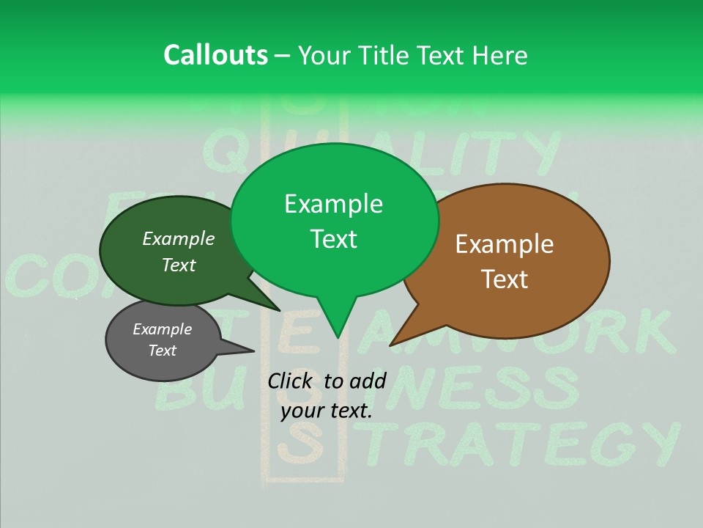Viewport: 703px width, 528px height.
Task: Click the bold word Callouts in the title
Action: click(x=215, y=55)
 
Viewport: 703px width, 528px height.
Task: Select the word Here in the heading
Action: click(x=501, y=55)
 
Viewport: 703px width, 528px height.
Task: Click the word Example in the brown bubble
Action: click(x=505, y=243)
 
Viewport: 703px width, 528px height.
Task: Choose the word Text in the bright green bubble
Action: click(x=333, y=239)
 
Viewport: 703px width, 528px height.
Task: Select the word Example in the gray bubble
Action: click(x=162, y=329)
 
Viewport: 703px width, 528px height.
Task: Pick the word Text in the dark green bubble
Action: click(x=179, y=265)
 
